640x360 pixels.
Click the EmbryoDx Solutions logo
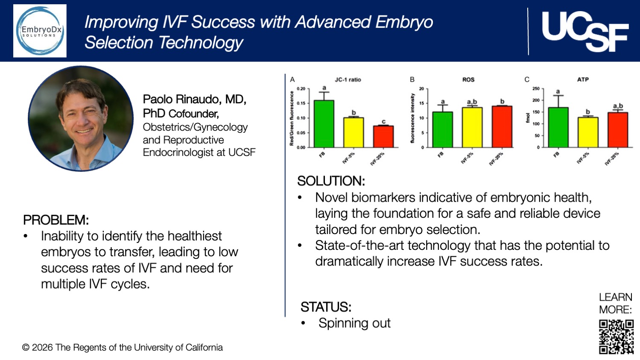pyautogui.click(x=40, y=31)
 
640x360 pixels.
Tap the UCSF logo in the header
pyautogui.click(x=585, y=31)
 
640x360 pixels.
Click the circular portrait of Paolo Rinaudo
pyautogui.click(x=81, y=118)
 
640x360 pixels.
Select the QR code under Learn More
pyautogui.click(x=616, y=337)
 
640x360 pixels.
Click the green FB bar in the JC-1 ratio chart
pyautogui.click(x=324, y=124)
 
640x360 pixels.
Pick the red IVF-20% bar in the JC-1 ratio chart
pyautogui.click(x=383, y=136)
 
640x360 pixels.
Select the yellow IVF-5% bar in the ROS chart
pyautogui.click(x=472, y=127)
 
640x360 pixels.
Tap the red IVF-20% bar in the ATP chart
pyautogui.click(x=617, y=130)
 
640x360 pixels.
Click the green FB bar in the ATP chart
pyautogui.click(x=558, y=127)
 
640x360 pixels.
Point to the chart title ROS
pyautogui.click(x=468, y=79)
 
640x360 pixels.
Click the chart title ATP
pyautogui.click(x=583, y=79)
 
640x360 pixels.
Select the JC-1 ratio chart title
pyautogui.click(x=348, y=79)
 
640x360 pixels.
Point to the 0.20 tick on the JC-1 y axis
pyautogui.click(x=301, y=89)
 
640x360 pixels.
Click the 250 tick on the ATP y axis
pyautogui.click(x=536, y=89)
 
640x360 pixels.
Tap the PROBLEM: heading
pyautogui.click(x=56, y=220)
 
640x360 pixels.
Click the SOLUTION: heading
pyautogui.click(x=331, y=181)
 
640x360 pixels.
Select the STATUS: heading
pyautogui.click(x=326, y=307)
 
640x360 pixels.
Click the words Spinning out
pyautogui.click(x=354, y=323)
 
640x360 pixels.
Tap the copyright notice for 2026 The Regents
pyautogui.click(x=122, y=348)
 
